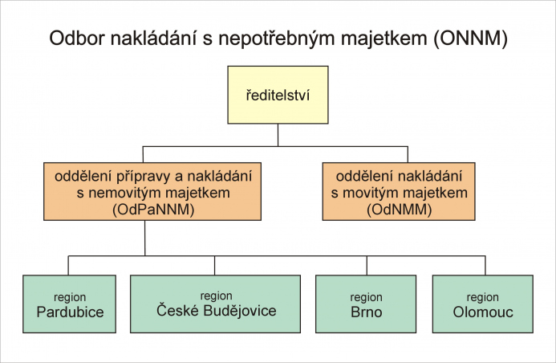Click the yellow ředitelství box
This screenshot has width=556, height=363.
pyautogui.click(x=278, y=95)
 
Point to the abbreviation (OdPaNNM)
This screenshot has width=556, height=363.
pyautogui.click(x=153, y=210)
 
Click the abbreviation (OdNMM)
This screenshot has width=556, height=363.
pyautogui.click(x=399, y=210)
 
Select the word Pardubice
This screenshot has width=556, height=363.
pyautogui.click(x=71, y=312)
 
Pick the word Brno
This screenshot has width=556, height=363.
pyautogui.click(x=367, y=312)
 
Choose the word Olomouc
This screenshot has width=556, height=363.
pyautogui.click(x=483, y=312)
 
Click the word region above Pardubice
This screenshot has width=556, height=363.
pyautogui.click(x=70, y=297)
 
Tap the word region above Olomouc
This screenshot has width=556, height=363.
pyautogui.click(x=483, y=297)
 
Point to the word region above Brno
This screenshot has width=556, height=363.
pyautogui.click(x=367, y=297)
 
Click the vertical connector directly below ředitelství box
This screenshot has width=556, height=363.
pyautogui.click(x=278, y=135)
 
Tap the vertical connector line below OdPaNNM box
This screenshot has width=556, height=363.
pyautogui.click(x=144, y=238)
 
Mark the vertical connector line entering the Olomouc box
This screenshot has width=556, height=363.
pyautogui.click(x=485, y=265)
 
